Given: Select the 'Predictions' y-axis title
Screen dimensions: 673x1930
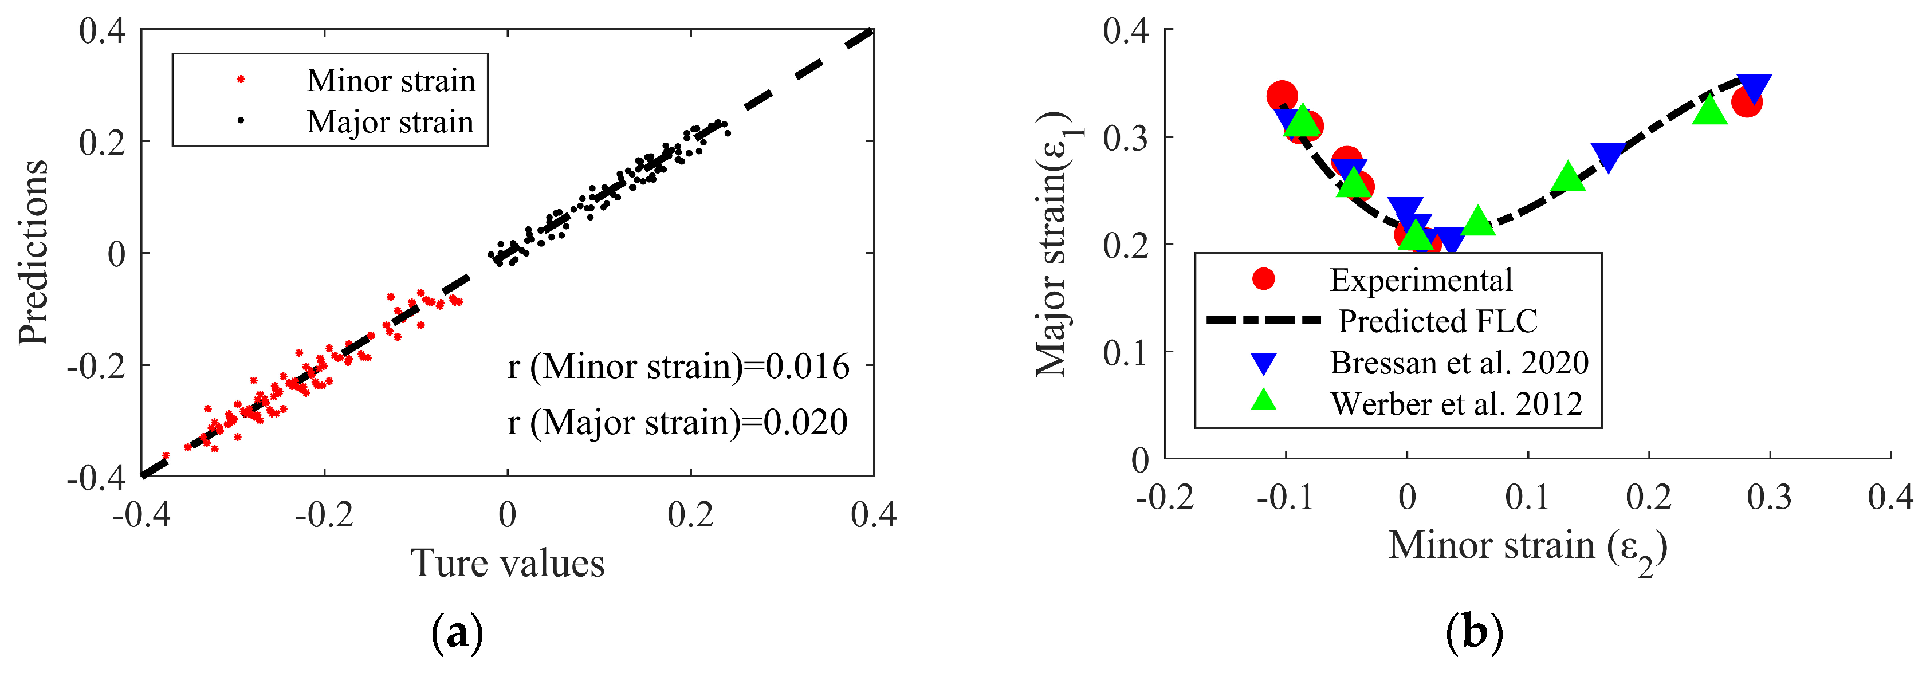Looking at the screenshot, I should pyautogui.click(x=34, y=253).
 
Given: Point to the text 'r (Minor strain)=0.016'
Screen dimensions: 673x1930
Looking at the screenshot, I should pyautogui.click(x=679, y=367).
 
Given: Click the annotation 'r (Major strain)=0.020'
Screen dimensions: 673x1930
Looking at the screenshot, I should pyautogui.click(x=677, y=422).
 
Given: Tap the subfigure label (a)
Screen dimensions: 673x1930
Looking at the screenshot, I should pyautogui.click(x=458, y=634).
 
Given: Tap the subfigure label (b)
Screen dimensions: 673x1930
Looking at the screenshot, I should pyautogui.click(x=1474, y=634).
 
